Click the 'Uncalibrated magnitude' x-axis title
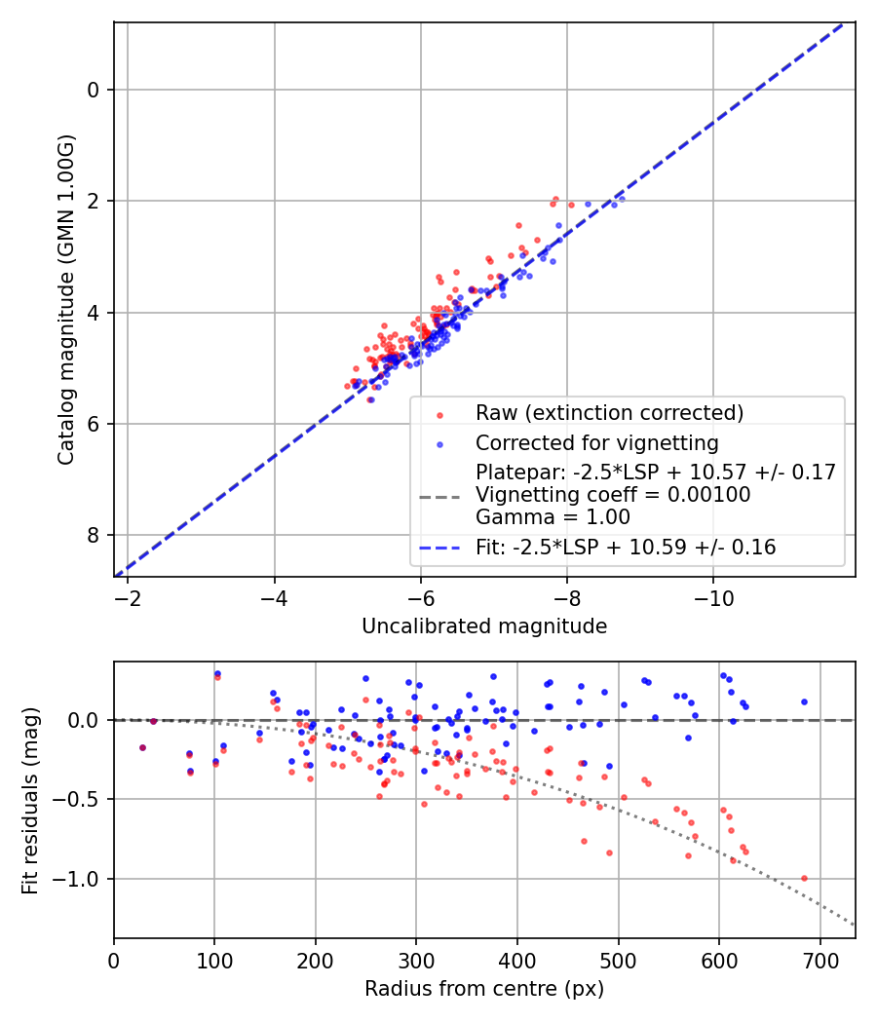[484, 626]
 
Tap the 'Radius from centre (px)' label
[484, 989]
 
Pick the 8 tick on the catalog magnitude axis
[94, 535]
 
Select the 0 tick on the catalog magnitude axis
[94, 90]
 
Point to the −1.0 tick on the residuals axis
[82, 879]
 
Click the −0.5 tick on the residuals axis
[82, 799]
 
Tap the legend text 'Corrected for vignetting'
[597, 443]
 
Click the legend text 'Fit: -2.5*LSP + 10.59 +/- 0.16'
[626, 548]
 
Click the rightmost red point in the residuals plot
[804, 878]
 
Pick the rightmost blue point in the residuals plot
[804, 701]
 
